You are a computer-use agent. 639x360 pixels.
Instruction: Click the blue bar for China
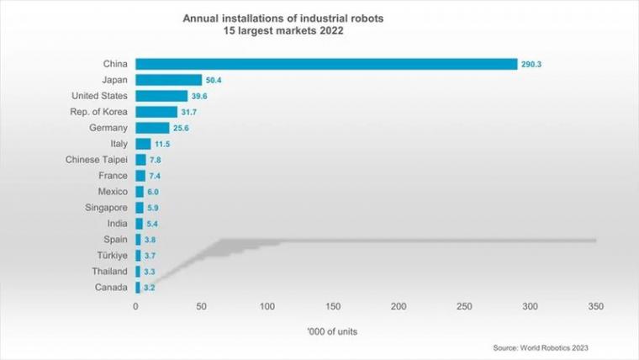(x=326, y=64)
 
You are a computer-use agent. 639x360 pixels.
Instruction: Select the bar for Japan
(x=168, y=80)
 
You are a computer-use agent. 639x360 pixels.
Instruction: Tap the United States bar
(x=161, y=96)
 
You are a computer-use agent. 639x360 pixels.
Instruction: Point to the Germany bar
(x=152, y=128)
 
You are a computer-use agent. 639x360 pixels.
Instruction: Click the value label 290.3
(x=531, y=64)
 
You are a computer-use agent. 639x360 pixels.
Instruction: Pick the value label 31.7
(x=190, y=112)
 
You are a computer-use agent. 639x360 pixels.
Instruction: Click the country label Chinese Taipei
(x=97, y=160)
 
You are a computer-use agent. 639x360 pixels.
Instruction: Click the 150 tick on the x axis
(x=333, y=306)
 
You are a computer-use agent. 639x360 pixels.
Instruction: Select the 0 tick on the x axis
(x=135, y=306)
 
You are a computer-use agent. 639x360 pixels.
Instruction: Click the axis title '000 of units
(x=333, y=331)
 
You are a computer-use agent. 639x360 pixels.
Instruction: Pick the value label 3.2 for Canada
(x=150, y=287)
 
